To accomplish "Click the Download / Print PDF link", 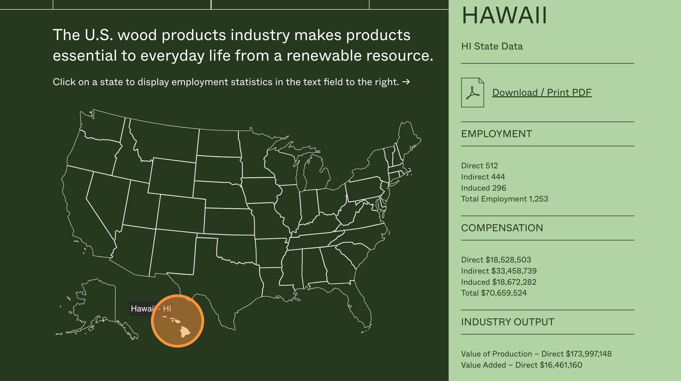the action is tap(542, 93).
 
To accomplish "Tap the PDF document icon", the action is tap(472, 93).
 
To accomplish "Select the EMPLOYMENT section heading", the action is tap(496, 134).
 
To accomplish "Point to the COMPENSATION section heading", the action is tap(502, 228).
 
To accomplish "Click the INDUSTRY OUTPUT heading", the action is tap(508, 322).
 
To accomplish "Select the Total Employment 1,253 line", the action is tap(504, 199).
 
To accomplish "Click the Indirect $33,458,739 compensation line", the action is tap(499, 271).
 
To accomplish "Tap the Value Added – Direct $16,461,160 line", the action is tap(522, 365).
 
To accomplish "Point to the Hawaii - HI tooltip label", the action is tap(151, 308).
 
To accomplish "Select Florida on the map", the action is tap(354, 304).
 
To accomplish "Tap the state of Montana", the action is tap(167, 140).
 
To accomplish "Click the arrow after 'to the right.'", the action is tap(406, 82).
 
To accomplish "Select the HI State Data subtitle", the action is tap(492, 46).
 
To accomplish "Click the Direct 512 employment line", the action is tap(480, 166).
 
